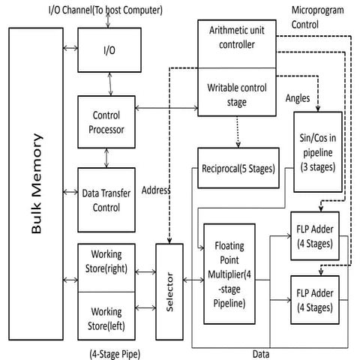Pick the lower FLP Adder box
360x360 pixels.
[315, 298]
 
